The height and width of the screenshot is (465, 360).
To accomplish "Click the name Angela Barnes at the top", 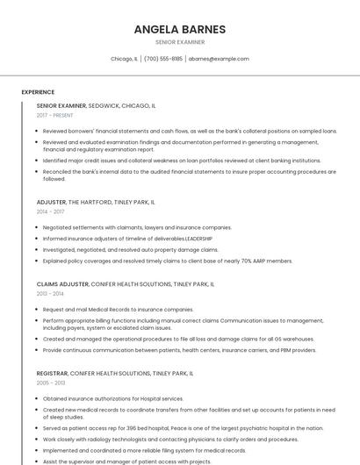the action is click(179, 29).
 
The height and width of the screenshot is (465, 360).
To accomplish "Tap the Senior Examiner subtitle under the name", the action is click(179, 41).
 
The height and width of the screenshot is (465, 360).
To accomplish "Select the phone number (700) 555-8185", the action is click(163, 59).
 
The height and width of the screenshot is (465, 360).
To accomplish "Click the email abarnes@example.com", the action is click(219, 59).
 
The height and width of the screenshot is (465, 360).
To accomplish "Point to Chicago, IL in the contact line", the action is click(124, 59).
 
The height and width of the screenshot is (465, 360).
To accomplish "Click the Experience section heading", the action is click(38, 92).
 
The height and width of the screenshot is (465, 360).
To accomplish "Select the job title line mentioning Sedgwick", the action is click(97, 105).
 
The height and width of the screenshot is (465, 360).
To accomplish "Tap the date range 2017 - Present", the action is click(55, 115).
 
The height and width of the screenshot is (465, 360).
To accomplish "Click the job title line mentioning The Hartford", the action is click(96, 202).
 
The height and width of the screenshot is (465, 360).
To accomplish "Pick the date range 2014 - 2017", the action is click(51, 211).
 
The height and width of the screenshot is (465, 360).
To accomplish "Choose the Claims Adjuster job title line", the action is click(126, 284).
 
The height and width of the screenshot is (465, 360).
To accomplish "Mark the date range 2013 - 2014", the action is click(51, 294).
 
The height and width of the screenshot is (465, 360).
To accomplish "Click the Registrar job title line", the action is click(115, 373).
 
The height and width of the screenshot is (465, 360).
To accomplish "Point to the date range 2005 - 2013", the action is click(51, 383).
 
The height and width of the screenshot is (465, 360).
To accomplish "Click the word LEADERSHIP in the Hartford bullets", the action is click(198, 239).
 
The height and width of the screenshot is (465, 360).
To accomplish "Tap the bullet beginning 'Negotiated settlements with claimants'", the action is click(137, 227).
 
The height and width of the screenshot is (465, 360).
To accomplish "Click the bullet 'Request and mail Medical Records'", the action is click(118, 310).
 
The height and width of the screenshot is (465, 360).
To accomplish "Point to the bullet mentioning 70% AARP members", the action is click(168, 261).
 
